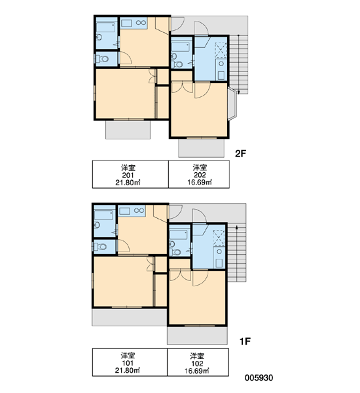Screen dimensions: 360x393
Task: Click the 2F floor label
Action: pyautogui.click(x=240, y=153)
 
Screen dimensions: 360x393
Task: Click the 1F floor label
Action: pyautogui.click(x=245, y=341)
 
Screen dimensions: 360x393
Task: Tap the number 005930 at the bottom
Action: pyautogui.click(x=259, y=378)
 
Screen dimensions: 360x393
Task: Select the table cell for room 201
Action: pyautogui.click(x=130, y=174)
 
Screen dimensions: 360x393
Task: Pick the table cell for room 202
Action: pyautogui.click(x=199, y=174)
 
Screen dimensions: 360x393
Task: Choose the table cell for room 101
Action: pyautogui.click(x=130, y=362)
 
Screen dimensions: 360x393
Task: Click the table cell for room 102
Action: pyautogui.click(x=198, y=362)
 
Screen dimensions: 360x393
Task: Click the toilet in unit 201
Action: pyautogui.click(x=103, y=59)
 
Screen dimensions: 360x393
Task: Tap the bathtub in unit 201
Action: pyautogui.click(x=106, y=27)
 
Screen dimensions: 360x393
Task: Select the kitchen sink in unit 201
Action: pyautogui.click(x=126, y=23)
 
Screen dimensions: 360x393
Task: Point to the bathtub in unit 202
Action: pyautogui.click(x=180, y=47)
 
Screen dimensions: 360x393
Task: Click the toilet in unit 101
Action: pyautogui.click(x=101, y=247)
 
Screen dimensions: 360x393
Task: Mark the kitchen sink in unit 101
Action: pyautogui.click(x=124, y=211)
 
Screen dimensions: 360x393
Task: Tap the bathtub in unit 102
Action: pyautogui.click(x=179, y=234)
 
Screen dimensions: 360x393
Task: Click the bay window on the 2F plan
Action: pyautogui.click(x=232, y=103)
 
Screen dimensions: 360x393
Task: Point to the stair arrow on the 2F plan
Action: pyautogui.click(x=238, y=65)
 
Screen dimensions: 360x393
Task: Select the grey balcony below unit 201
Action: pyautogui.click(x=128, y=130)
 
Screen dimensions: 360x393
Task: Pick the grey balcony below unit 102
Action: pyautogui.click(x=197, y=335)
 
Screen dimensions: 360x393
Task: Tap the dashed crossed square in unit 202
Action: pyautogui.click(x=221, y=50)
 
